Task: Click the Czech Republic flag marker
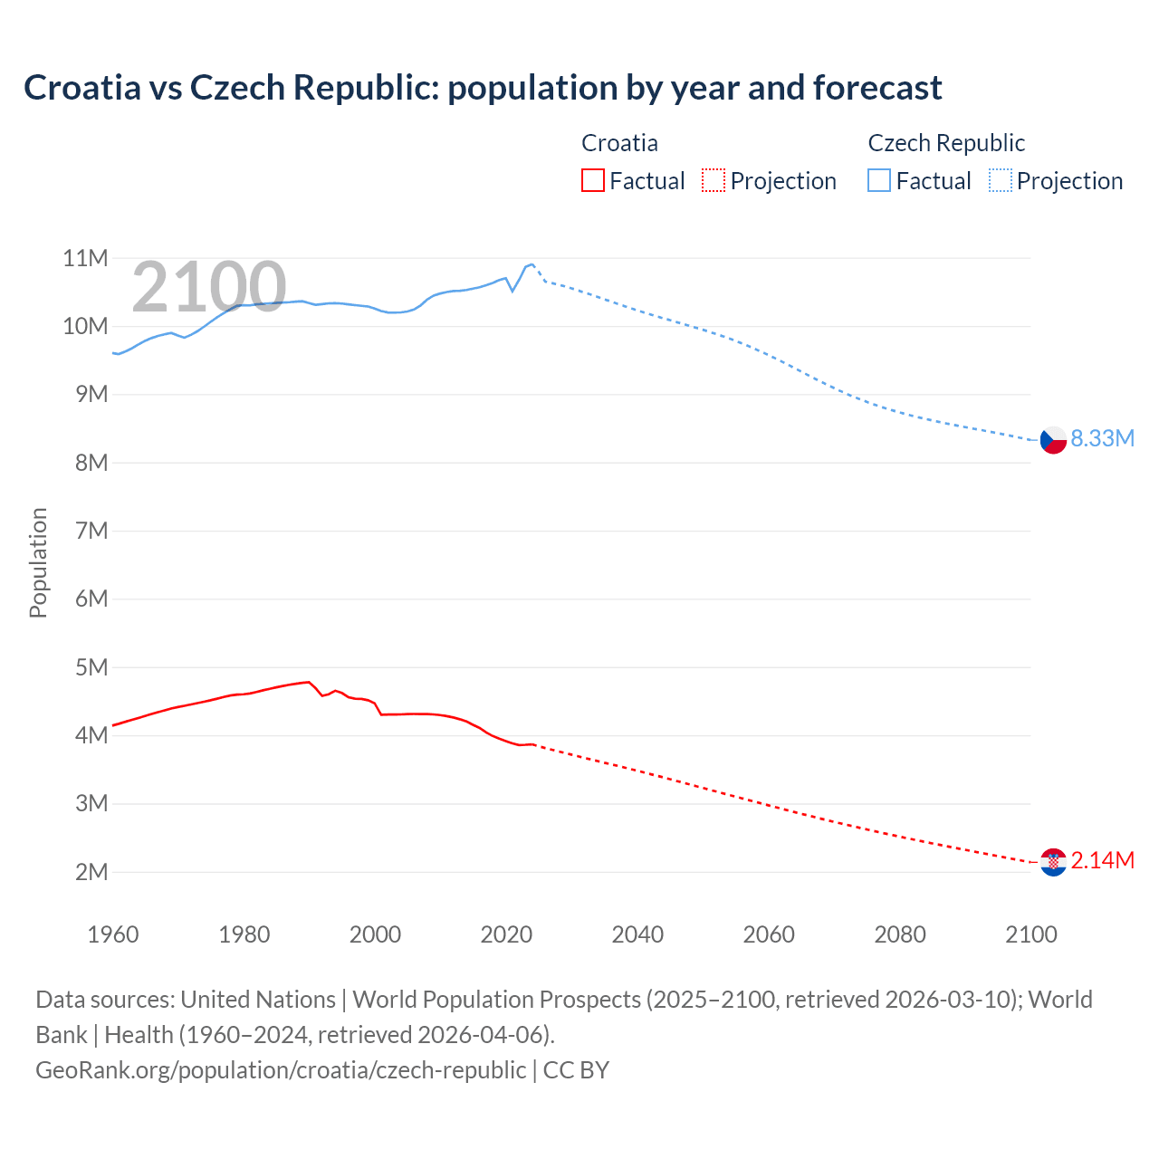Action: coord(1052,439)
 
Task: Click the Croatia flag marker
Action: coord(1052,862)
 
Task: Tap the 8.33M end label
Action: coord(1102,438)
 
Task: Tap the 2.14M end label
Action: coord(1102,860)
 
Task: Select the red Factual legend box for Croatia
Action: coord(592,180)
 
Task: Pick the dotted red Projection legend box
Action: coord(714,180)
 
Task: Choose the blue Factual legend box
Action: coord(878,180)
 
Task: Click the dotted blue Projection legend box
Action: coord(1000,180)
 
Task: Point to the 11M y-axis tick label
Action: coord(85,258)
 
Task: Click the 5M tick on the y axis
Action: coord(91,667)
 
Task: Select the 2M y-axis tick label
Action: coord(91,872)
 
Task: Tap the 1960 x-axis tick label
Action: coord(112,934)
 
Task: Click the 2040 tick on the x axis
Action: coord(637,934)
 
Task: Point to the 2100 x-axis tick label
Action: coord(1030,934)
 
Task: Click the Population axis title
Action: coord(38,562)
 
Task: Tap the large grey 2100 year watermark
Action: coord(209,287)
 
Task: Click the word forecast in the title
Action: coord(877,88)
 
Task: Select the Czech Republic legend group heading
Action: coord(946,143)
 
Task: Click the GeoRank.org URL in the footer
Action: coord(281,1069)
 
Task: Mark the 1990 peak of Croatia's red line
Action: coord(309,682)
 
